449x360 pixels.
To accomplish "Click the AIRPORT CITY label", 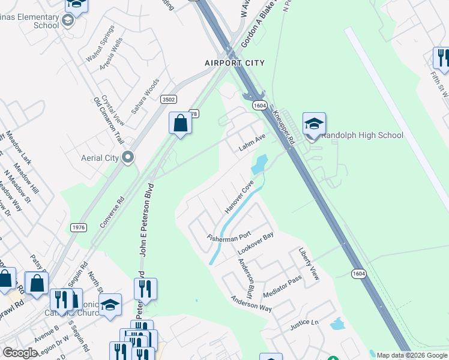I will pyautogui.click(x=234, y=62).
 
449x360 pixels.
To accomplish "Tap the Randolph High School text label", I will pyautogui.click(x=362, y=135).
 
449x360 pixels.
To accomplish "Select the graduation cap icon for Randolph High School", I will pyautogui.click(x=314, y=124).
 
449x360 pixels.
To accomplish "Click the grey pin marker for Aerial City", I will pyautogui.click(x=127, y=157).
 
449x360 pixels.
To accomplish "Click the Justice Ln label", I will pyautogui.click(x=304, y=325).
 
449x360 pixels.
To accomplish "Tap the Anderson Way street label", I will pyautogui.click(x=252, y=304).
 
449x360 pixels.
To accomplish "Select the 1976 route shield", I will pyautogui.click(x=79, y=227).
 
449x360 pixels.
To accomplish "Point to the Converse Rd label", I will pyautogui.click(x=112, y=212).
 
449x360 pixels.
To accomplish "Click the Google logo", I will pyautogui.click(x=20, y=353).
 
